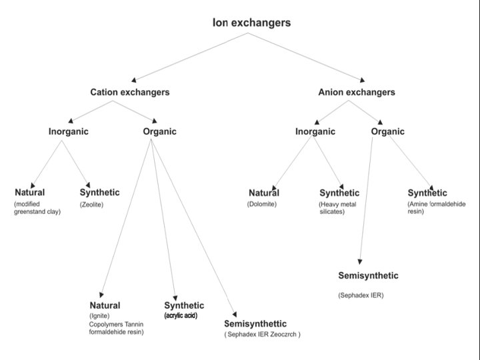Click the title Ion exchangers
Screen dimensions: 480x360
251,23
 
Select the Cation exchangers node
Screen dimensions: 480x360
130,92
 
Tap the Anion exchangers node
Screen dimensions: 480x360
357,92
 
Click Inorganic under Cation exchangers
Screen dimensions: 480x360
68,131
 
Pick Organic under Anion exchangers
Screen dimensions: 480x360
387,131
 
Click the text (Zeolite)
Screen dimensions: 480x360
91,204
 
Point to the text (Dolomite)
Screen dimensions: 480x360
261,204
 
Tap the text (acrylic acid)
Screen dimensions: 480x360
181,315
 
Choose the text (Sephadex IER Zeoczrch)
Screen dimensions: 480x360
262,334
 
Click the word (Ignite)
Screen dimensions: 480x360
99,315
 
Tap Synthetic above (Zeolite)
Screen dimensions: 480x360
100,193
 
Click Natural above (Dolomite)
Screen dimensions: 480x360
264,193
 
